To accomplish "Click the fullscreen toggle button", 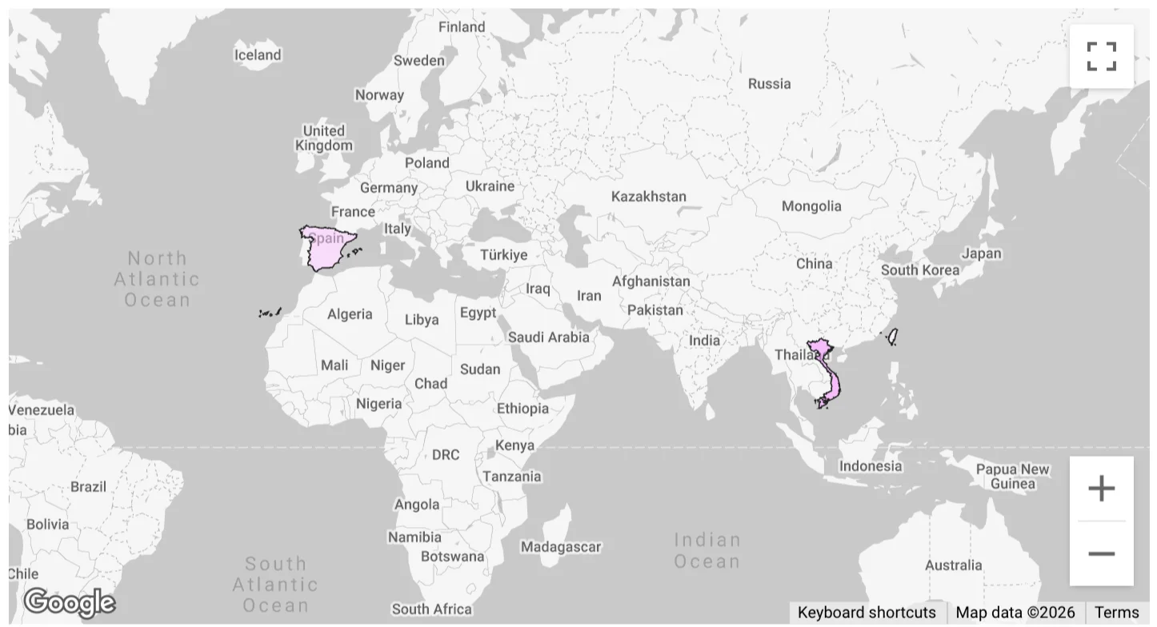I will (x=1101, y=56).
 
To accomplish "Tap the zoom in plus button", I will (x=1101, y=488).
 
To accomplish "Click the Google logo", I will (x=69, y=602).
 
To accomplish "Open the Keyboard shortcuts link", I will (x=867, y=613).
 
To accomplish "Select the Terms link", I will (x=1116, y=613).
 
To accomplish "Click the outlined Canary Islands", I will (x=270, y=313).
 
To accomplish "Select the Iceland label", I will (x=257, y=55).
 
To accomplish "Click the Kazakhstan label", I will (x=648, y=196).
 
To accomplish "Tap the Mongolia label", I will (x=811, y=206).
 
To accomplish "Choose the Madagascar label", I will (x=560, y=547).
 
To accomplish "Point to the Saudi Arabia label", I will (x=548, y=337).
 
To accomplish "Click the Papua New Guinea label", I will (x=1012, y=476).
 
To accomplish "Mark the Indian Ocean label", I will (x=707, y=550).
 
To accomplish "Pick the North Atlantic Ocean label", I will (x=157, y=278).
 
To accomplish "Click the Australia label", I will (x=953, y=565).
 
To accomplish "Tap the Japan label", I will (x=981, y=254).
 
